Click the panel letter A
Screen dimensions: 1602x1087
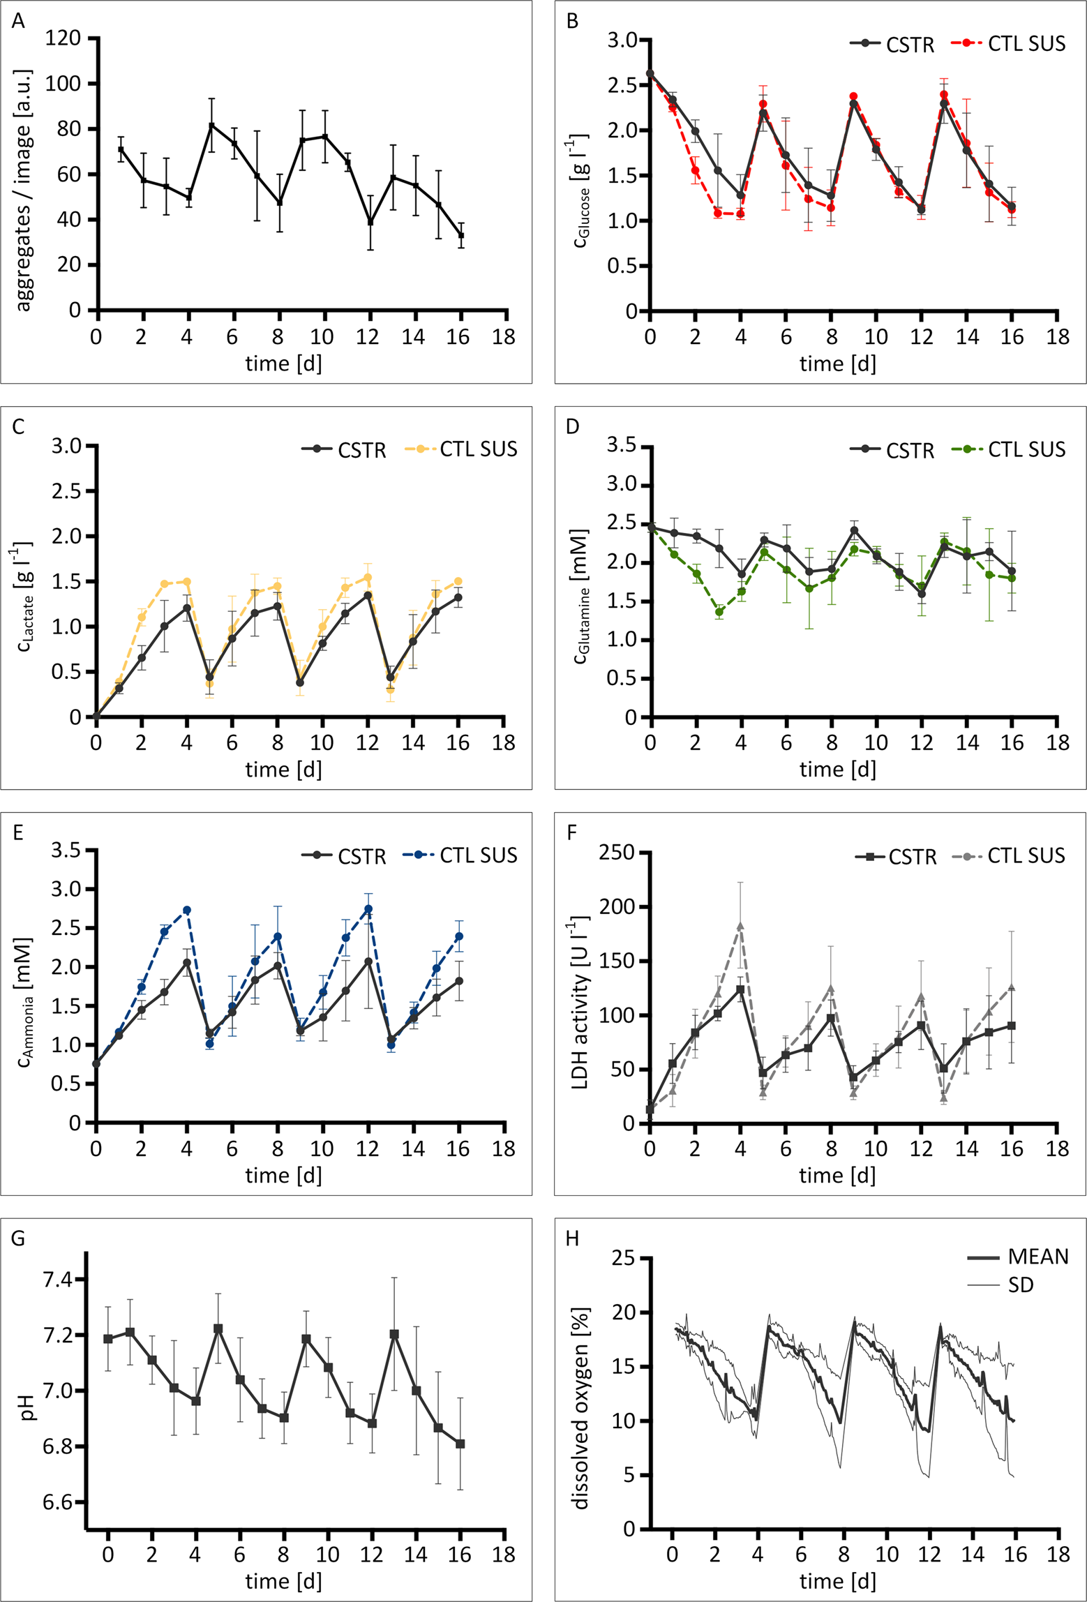[x=18, y=21]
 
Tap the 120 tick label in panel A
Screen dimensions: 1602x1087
[x=63, y=38]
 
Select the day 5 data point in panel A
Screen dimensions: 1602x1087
[x=211, y=126]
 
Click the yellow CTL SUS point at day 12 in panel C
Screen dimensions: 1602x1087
[x=368, y=578]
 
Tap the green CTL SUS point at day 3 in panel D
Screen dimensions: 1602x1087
[x=719, y=612]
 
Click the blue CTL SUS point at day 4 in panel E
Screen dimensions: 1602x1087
[x=187, y=910]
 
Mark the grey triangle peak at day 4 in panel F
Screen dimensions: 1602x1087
[x=740, y=926]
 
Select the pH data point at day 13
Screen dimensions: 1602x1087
[x=394, y=1334]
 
